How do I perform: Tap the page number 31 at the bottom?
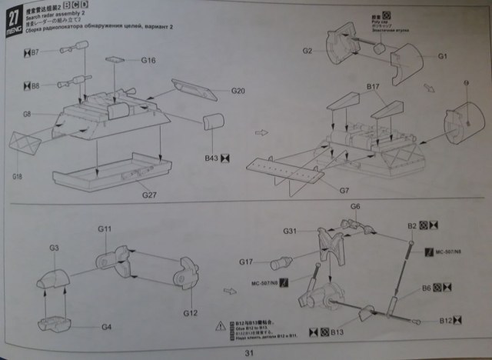coord(248,353)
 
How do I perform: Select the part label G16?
coord(148,60)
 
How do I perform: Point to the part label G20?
coord(238,91)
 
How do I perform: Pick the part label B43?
coord(211,158)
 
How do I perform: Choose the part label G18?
coord(18,177)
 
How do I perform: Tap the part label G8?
coord(26,115)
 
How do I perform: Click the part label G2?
coord(307,51)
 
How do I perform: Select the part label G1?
coord(443,56)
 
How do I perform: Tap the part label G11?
coord(105,229)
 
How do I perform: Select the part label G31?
coord(289,231)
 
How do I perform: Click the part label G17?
coord(246,262)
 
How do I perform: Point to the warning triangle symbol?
coord(221,326)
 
